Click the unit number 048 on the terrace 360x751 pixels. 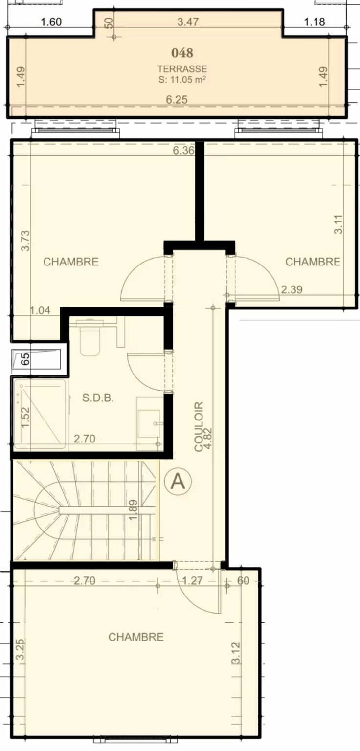click(x=182, y=53)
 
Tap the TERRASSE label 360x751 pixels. click(x=182, y=69)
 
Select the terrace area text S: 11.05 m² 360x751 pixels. click(x=182, y=80)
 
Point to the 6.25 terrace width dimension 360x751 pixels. click(x=177, y=100)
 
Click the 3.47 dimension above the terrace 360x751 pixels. click(x=188, y=22)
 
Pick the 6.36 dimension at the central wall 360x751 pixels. click(x=183, y=150)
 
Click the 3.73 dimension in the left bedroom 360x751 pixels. click(x=25, y=241)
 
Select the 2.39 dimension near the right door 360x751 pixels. click(x=292, y=289)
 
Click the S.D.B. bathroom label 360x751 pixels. click(x=98, y=398)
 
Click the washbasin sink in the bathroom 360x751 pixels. click(x=150, y=423)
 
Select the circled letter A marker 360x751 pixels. click(x=178, y=482)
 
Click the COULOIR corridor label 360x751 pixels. click(x=199, y=426)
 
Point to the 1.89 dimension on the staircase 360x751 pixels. click(x=133, y=510)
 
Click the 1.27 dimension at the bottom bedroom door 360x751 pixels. click(x=192, y=580)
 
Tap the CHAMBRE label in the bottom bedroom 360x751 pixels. click(x=136, y=637)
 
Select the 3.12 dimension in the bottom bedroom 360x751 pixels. click(x=236, y=653)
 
